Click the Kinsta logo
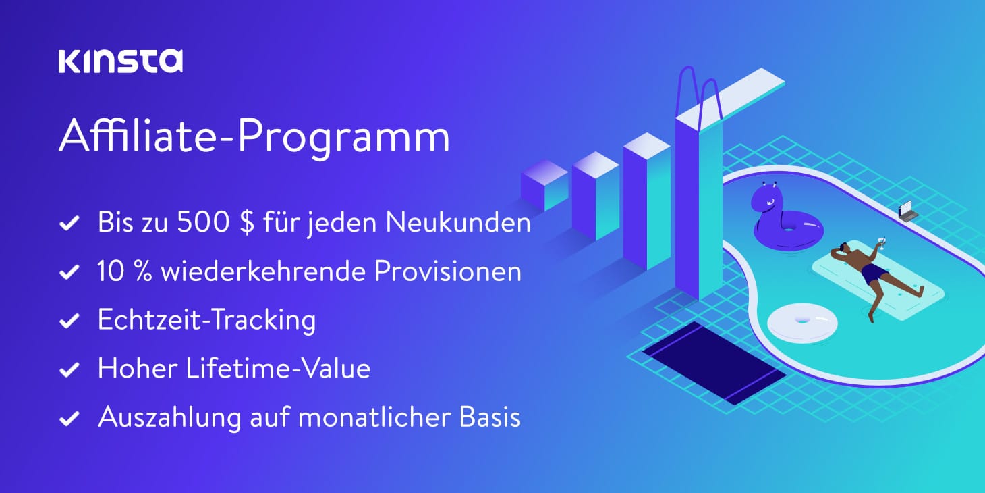[x=120, y=61]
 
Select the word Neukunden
[x=458, y=223]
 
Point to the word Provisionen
[x=447, y=271]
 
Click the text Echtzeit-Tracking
[x=206, y=320]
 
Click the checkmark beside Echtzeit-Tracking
[x=69, y=321]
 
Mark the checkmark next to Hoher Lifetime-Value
[x=69, y=370]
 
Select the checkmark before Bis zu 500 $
[x=69, y=224]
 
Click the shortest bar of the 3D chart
[x=544, y=186]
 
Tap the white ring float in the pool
[x=802, y=321]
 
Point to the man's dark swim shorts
[x=874, y=274]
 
